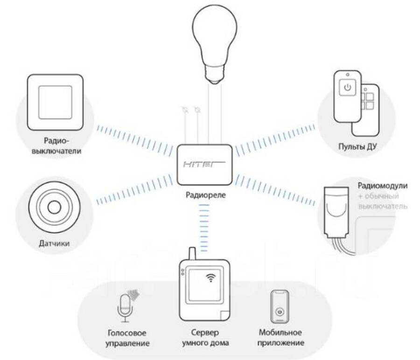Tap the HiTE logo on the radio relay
203,165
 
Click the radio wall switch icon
56,103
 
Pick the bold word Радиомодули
382,185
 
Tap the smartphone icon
280,307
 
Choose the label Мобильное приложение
280,338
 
